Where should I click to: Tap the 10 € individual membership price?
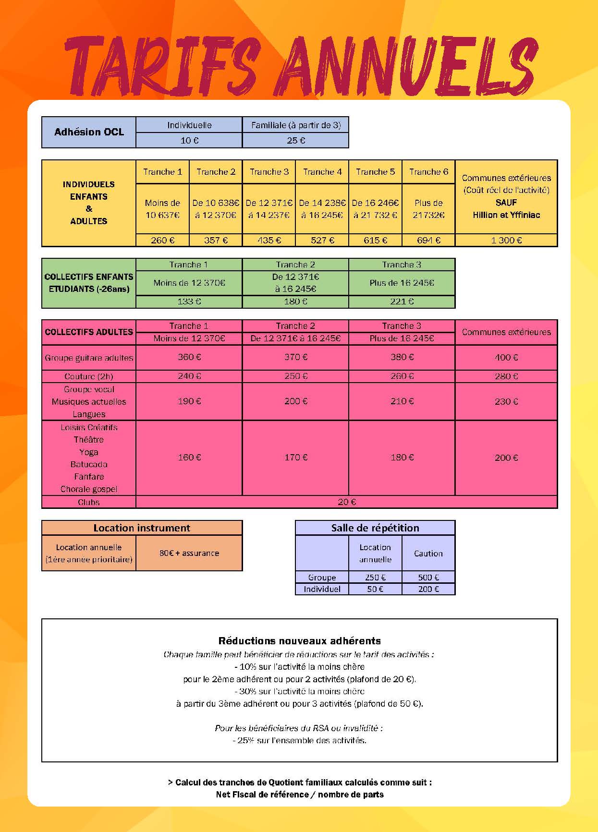pos(189,140)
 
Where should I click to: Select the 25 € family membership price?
pos(296,140)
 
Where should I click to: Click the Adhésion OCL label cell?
pos(89,132)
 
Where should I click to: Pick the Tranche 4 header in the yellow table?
pos(322,172)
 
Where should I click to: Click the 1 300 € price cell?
pos(506,240)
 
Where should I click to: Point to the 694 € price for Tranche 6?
pos(428,240)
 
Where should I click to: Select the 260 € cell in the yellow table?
pos(162,240)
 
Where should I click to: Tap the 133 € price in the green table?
pos(189,301)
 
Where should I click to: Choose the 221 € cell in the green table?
pos(402,301)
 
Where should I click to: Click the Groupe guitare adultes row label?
pos(89,358)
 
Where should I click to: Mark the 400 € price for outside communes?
pos(506,358)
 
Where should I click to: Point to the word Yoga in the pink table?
pos(89,452)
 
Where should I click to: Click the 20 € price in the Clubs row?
pos(347,502)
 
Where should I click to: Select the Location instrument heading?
pos(142,528)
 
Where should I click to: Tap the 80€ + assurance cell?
pos(189,553)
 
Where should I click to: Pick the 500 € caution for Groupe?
pos(428,577)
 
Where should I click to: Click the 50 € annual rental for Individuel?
pos(375,589)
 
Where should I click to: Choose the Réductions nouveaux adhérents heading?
pos(300,641)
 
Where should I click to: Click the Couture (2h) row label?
pos(89,376)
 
